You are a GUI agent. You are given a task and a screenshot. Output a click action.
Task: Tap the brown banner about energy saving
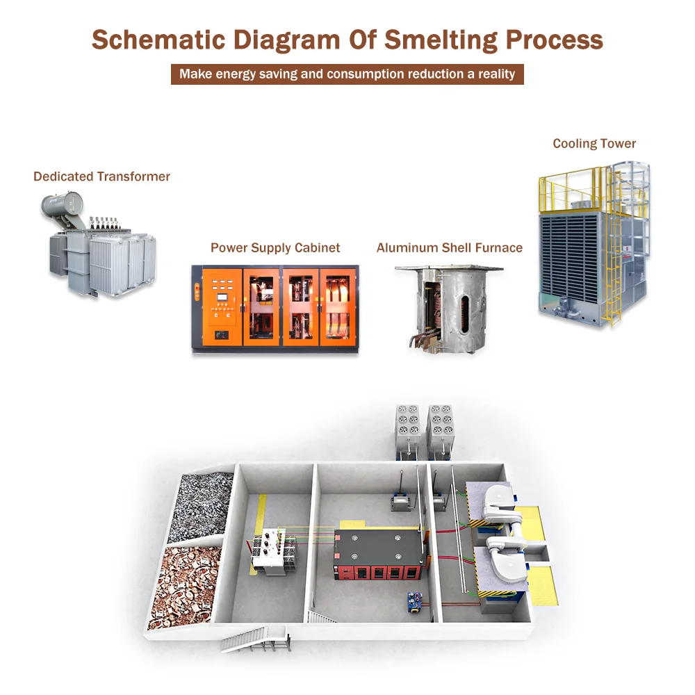(347, 74)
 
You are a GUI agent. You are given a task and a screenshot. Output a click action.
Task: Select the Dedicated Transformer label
(101, 177)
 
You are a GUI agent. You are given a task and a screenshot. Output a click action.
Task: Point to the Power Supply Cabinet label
(275, 247)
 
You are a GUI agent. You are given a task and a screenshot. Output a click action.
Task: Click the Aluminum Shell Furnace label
(449, 247)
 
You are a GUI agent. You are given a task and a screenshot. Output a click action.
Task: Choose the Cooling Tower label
(594, 144)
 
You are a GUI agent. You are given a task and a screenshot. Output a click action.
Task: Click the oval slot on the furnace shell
(465, 309)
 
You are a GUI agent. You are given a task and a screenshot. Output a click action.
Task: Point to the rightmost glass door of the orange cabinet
(340, 306)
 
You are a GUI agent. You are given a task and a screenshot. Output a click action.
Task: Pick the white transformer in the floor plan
(268, 553)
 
